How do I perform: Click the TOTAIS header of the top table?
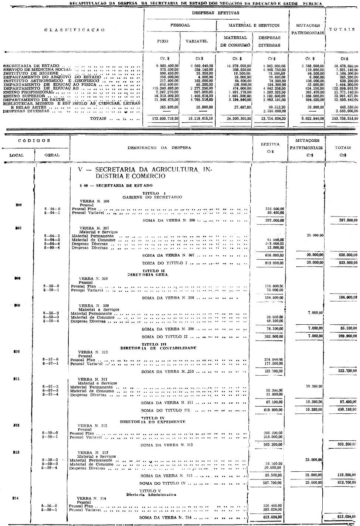coord(342,30)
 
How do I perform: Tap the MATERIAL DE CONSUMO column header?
coord(235,41)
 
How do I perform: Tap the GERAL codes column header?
coord(52,155)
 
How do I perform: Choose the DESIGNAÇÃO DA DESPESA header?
coord(159,148)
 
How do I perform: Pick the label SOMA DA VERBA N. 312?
coord(166,445)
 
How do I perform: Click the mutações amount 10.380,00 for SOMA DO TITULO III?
coord(312,410)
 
